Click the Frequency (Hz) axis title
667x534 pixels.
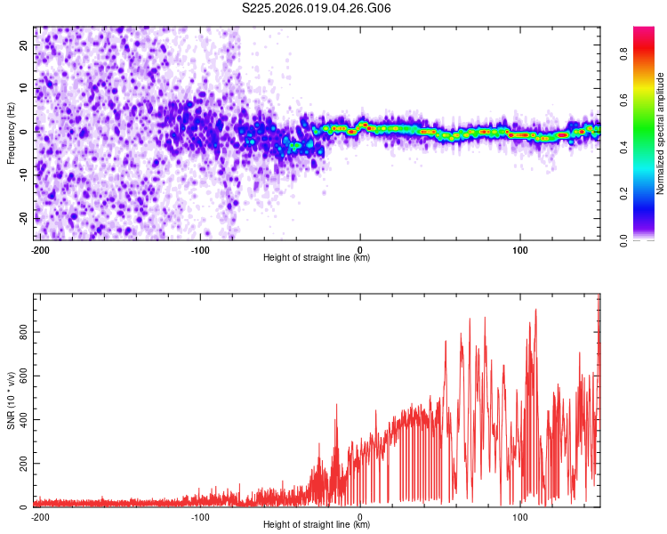click(11, 133)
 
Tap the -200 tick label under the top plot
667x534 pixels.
click(39, 248)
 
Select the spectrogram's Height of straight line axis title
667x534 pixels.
click(317, 257)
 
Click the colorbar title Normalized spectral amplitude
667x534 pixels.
click(661, 133)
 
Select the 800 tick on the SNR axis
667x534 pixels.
click(21, 332)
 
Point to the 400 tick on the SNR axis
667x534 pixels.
click(21, 420)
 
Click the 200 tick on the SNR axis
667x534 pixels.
click(21, 464)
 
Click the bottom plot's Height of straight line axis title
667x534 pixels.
click(317, 525)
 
